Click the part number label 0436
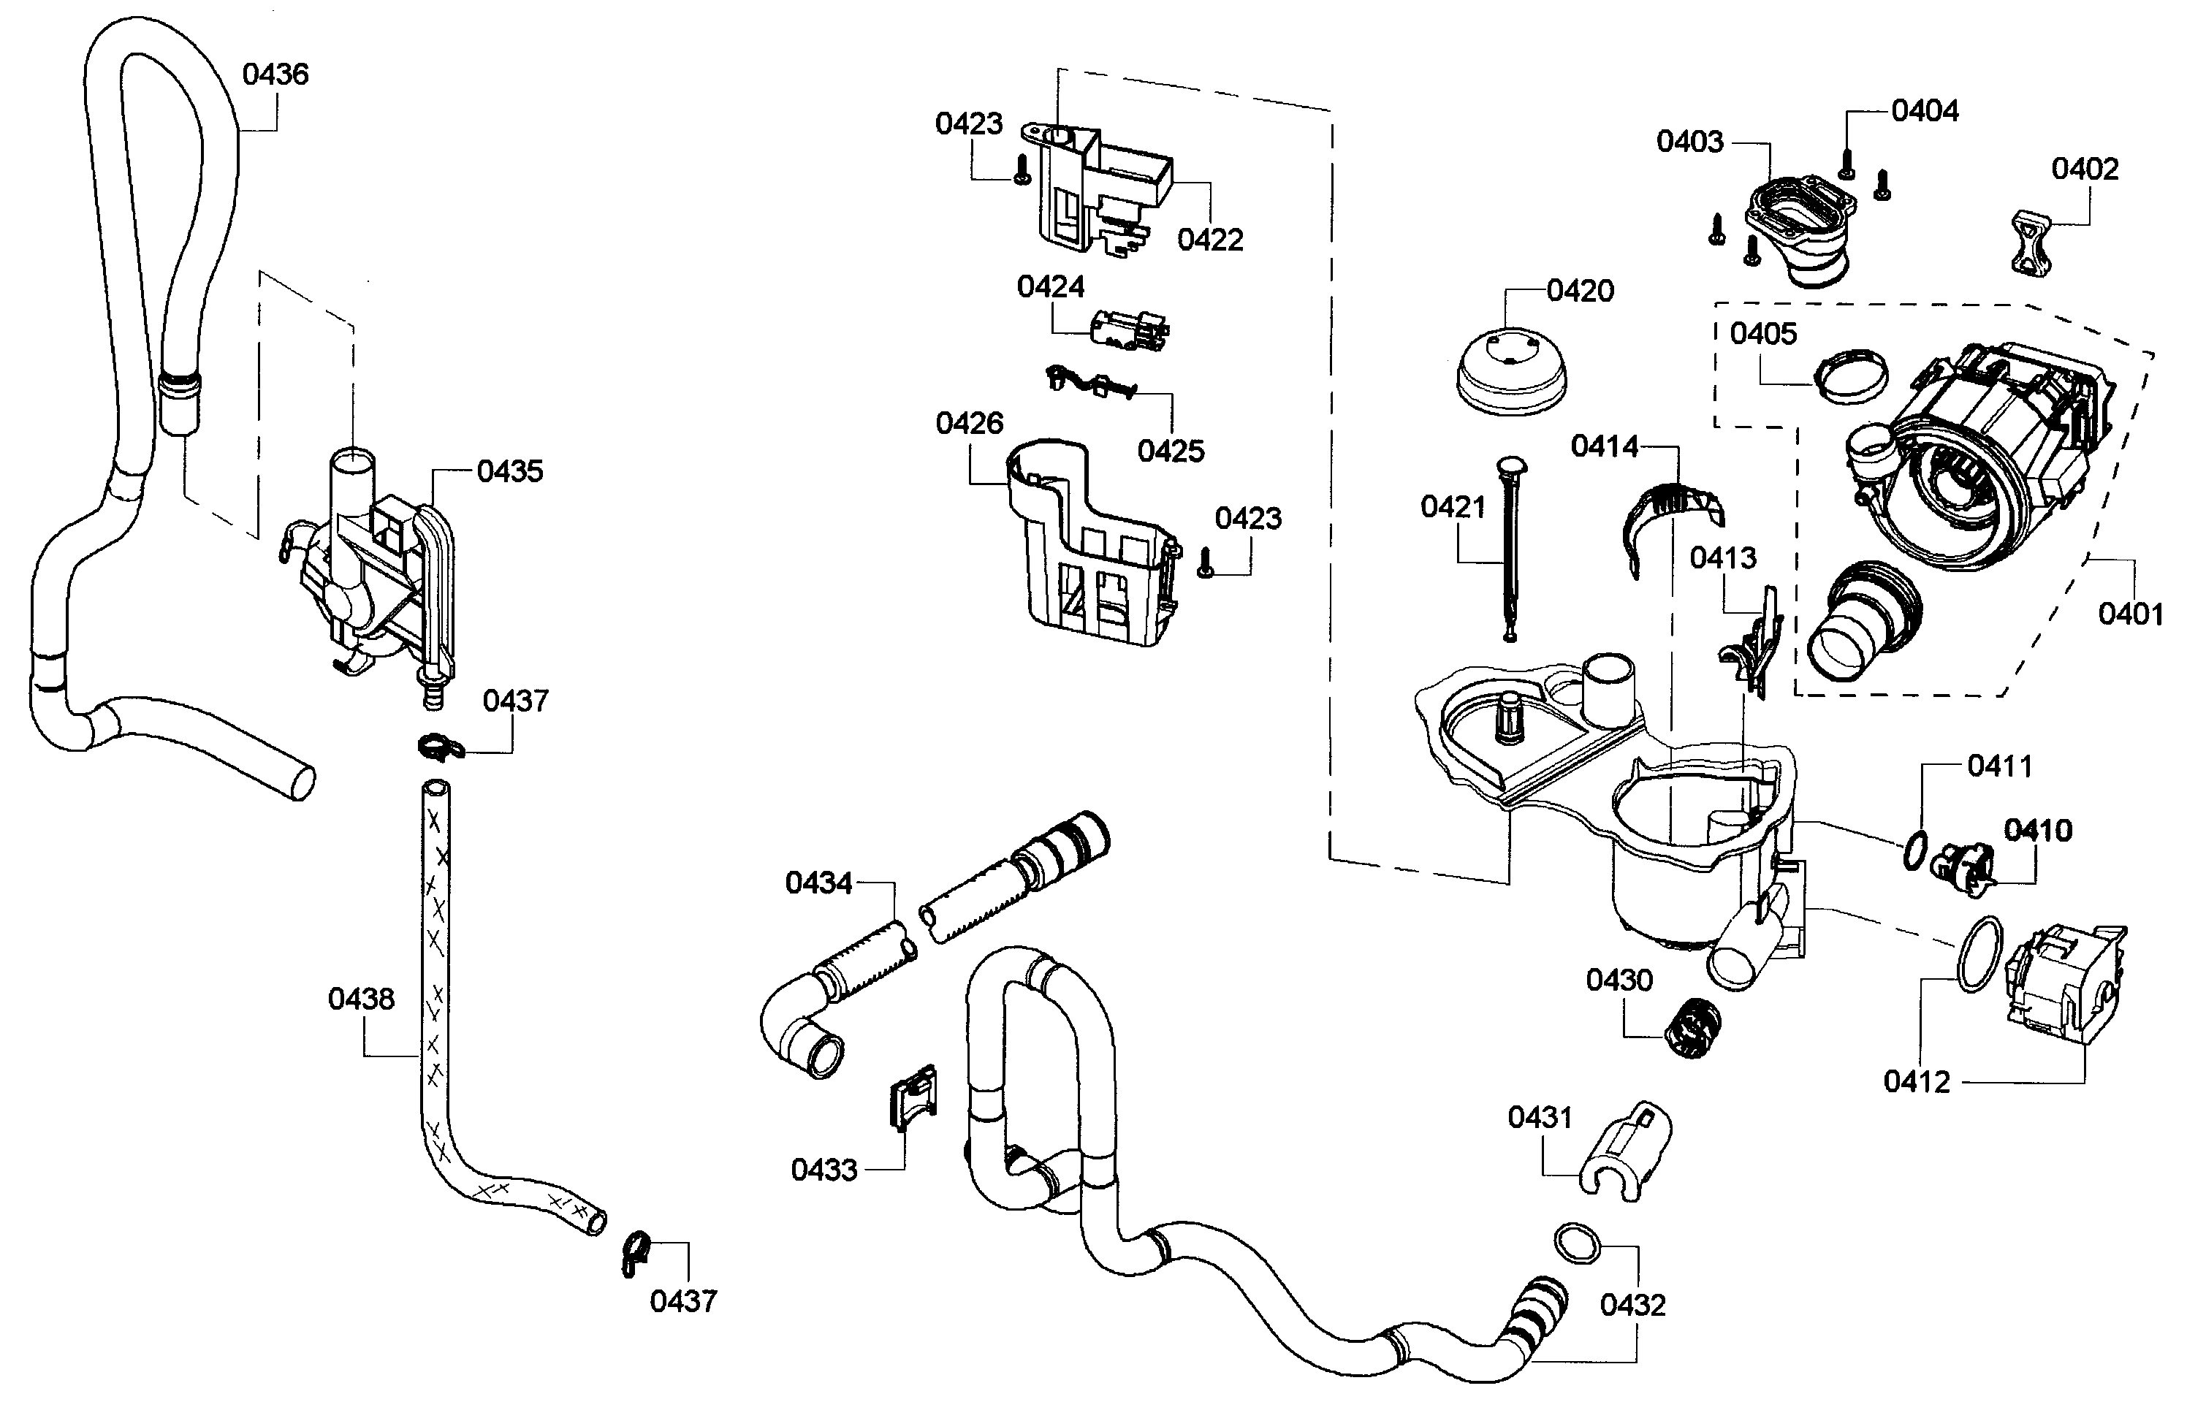275,75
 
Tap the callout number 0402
2084,169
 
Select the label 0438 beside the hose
361,998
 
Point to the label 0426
969,423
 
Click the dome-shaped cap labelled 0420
1510,376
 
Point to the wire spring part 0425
1090,382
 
